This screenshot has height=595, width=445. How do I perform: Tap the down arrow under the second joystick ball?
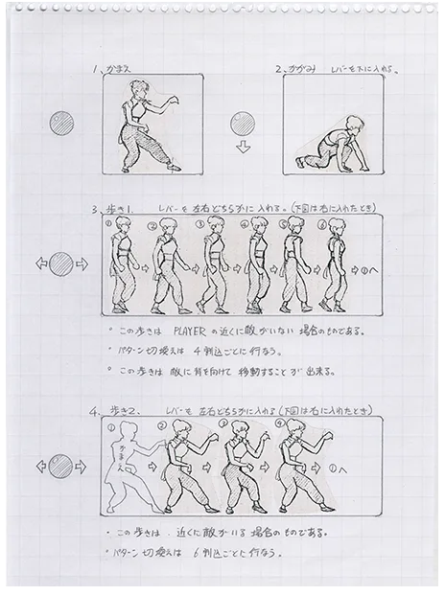point(243,148)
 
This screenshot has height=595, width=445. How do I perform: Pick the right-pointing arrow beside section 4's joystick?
point(82,467)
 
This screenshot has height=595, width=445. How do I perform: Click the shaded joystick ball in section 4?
point(61,467)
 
